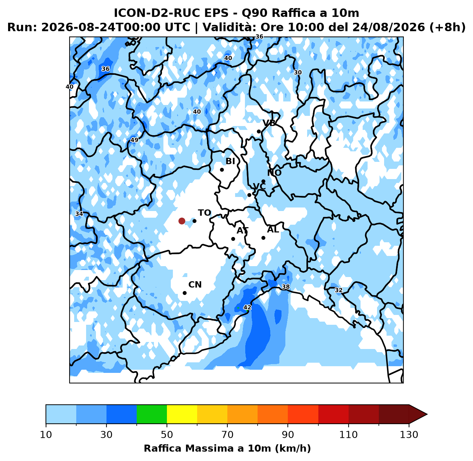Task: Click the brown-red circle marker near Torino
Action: (182, 221)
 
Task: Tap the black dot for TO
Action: (194, 221)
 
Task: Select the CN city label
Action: (195, 284)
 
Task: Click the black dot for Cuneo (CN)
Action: (184, 293)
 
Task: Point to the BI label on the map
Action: (230, 161)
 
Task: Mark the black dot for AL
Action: (263, 238)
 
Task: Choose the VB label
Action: (269, 123)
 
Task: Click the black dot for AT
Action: (233, 239)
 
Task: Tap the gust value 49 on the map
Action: (134, 140)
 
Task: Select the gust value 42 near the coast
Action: (247, 307)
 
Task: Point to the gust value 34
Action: (79, 214)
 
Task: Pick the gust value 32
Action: (338, 290)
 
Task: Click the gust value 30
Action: (298, 72)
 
